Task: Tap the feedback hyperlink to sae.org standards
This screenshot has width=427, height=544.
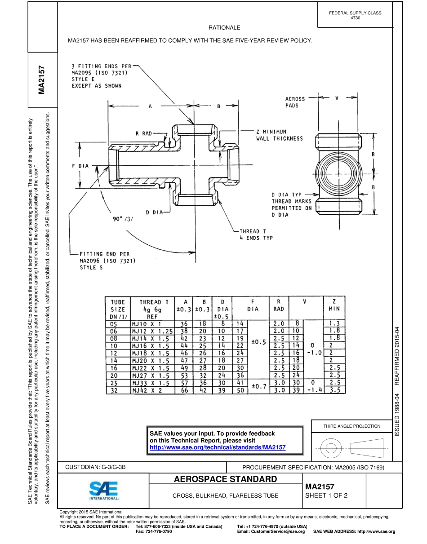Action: coord(218,448)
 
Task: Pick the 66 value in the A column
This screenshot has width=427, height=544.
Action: coord(184,390)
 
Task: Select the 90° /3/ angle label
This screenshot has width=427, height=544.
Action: coord(123,219)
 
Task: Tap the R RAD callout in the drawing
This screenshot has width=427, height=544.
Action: coord(144,133)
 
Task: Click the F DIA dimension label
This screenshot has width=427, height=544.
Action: coord(81,166)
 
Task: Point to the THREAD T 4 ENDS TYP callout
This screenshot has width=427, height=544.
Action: coord(256,234)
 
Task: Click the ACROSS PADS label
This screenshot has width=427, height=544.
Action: coord(295,102)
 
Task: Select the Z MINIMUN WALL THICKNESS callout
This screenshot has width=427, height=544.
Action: coord(279,135)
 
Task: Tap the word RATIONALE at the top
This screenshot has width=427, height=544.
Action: coord(224,28)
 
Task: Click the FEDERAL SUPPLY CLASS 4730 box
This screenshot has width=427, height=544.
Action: coord(355,15)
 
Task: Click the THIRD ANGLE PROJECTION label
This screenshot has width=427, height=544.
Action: coord(352,426)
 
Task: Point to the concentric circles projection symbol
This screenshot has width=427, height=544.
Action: coord(330,447)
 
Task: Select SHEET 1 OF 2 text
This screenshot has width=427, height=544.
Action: coord(326,496)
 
